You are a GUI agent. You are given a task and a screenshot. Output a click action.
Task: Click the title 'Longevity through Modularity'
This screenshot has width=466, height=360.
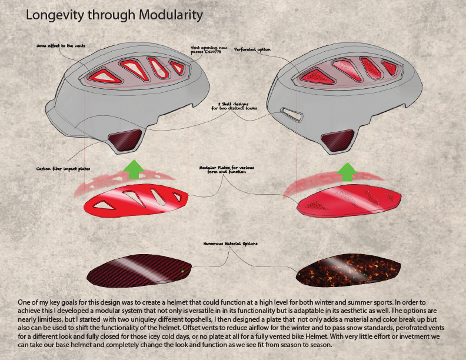[114, 16]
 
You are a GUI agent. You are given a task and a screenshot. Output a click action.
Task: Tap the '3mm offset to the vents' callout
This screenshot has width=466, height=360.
[56, 45]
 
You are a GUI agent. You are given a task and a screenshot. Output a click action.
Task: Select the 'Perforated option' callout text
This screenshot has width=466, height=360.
[252, 49]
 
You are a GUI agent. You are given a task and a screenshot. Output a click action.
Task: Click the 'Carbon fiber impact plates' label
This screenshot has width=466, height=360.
[64, 168]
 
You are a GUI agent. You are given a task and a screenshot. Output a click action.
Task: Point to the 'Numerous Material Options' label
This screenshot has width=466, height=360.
[230, 244]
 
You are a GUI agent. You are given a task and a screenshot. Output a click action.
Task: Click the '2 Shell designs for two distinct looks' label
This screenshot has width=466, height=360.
[234, 106]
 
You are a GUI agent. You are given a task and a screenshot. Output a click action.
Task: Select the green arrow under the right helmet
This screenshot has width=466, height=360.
[347, 171]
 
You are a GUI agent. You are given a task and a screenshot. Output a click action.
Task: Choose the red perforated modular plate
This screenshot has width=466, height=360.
[349, 199]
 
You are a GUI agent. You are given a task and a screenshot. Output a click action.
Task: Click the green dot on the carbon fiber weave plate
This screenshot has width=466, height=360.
[182, 271]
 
